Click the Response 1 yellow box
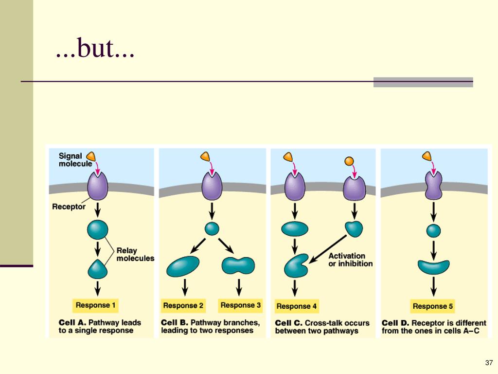[x=96, y=305]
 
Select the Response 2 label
[x=183, y=306]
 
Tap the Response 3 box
[x=241, y=305]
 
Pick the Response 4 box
[x=297, y=306]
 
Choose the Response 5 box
[x=433, y=306]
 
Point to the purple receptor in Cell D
[x=433, y=186]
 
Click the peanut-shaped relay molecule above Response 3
[x=238, y=265]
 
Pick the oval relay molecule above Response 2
[x=183, y=266]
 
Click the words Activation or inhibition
[x=350, y=260]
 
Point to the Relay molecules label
[x=135, y=255]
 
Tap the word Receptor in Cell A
[x=69, y=206]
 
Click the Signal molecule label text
[x=75, y=160]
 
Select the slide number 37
[x=489, y=363]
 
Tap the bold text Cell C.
[x=288, y=323]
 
